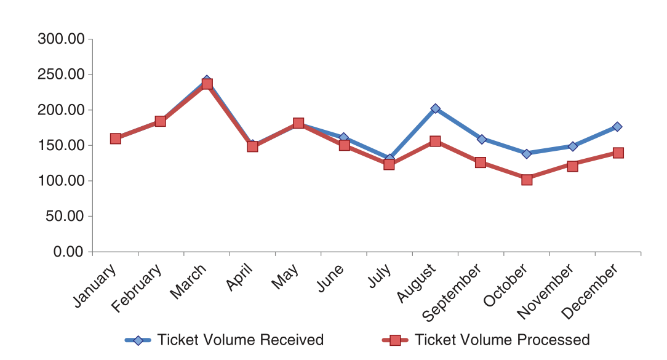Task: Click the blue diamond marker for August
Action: click(435, 109)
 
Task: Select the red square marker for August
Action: click(435, 142)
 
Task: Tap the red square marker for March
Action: click(207, 84)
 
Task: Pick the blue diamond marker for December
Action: click(617, 127)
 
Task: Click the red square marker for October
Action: click(527, 180)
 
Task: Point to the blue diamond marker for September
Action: click(481, 139)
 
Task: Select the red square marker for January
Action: click(116, 138)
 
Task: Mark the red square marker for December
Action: click(618, 153)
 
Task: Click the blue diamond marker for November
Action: click(572, 146)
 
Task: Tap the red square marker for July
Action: click(389, 164)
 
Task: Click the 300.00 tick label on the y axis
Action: click(60, 39)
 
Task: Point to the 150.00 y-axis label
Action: click(60, 146)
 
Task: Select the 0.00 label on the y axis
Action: click(68, 252)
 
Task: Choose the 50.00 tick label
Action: click(64, 217)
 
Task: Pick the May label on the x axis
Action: click(286, 279)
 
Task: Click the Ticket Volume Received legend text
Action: click(240, 340)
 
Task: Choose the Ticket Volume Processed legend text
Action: click(502, 340)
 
